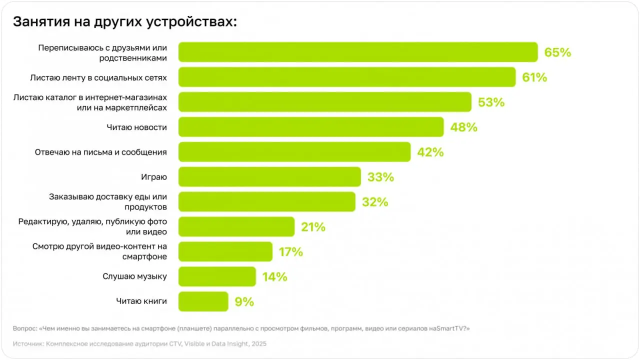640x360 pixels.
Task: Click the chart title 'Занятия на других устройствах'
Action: pyautogui.click(x=124, y=22)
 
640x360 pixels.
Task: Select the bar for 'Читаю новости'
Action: pyautogui.click(x=310, y=127)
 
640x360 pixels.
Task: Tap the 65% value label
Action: pyautogui.click(x=557, y=52)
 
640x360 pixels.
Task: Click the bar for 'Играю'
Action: pyautogui.click(x=269, y=177)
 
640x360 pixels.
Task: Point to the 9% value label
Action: pyautogui.click(x=244, y=302)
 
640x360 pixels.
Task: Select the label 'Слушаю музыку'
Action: pyautogui.click(x=134, y=276)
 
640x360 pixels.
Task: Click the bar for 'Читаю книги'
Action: pyautogui.click(x=203, y=301)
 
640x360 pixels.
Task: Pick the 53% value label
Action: pyautogui.click(x=491, y=102)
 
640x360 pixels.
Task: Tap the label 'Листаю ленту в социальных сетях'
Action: pyautogui.click(x=98, y=77)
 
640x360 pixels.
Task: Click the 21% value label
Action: pyautogui.click(x=313, y=227)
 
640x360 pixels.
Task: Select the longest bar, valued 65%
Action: pyautogui.click(x=357, y=52)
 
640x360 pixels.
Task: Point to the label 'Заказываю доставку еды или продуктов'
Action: pyautogui.click(x=107, y=202)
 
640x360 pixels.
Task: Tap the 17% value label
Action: pyautogui.click(x=290, y=252)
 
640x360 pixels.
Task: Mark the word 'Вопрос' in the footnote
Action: pyautogui.click(x=24, y=328)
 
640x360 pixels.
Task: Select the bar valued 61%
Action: pyautogui.click(x=346, y=77)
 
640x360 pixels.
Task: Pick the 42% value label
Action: pyautogui.click(x=430, y=152)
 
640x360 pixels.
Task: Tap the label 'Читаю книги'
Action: pyautogui.click(x=141, y=301)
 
